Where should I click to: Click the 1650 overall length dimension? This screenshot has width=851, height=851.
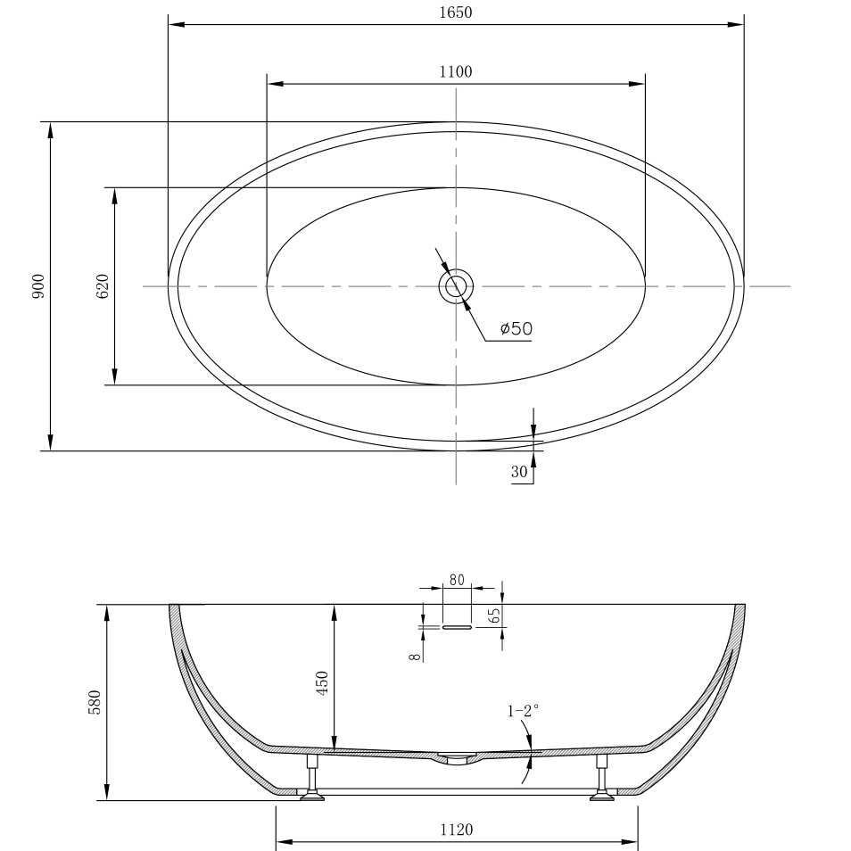[455, 12]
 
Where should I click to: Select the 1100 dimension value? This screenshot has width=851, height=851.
[455, 72]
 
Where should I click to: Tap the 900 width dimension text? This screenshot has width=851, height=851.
[38, 285]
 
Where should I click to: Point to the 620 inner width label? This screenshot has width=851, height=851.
[103, 285]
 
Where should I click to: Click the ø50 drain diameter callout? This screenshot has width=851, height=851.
[516, 329]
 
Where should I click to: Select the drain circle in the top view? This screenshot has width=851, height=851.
[456, 286]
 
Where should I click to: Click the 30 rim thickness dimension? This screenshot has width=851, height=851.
[519, 474]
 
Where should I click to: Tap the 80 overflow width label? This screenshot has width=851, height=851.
[456, 580]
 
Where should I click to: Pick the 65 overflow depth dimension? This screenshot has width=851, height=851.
[494, 615]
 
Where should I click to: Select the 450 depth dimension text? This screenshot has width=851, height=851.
[323, 682]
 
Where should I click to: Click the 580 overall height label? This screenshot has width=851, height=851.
[95, 701]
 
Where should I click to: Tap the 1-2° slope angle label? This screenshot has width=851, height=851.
[523, 711]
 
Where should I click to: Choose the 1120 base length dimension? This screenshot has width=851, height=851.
[456, 830]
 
